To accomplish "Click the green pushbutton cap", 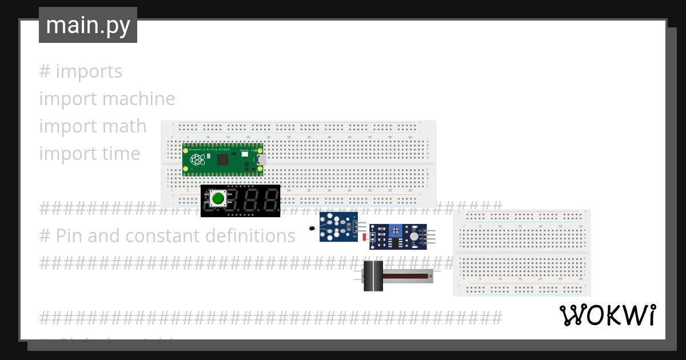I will (218, 199).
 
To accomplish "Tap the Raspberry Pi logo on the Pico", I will (197, 159).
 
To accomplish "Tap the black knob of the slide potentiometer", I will (373, 276).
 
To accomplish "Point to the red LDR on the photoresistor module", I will (365, 236).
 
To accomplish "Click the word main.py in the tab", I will (88, 25).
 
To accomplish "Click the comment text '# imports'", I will (81, 71).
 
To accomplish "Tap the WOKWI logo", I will (607, 315).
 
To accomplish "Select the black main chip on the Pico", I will (222, 159).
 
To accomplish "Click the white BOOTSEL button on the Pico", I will (244, 154).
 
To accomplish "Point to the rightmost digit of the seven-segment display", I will (271, 201).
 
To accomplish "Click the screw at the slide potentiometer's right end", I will (430, 276).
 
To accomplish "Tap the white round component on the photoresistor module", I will (413, 235).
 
